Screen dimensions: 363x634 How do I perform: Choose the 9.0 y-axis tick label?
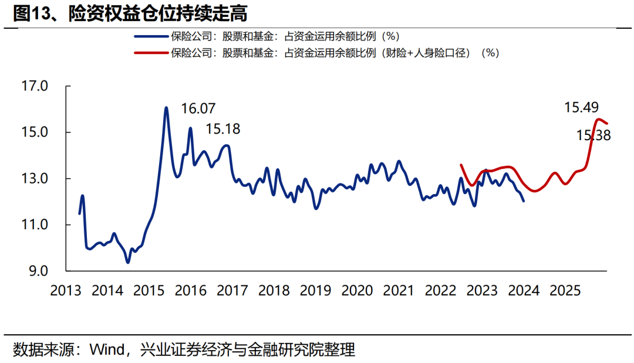[x=37, y=272]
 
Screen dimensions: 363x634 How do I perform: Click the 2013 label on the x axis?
[x=66, y=290]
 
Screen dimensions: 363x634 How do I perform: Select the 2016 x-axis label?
[x=190, y=290]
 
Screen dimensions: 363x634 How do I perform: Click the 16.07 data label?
[x=198, y=108]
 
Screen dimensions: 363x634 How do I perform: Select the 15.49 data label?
[x=581, y=107]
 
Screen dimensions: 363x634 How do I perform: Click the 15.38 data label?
[x=593, y=135]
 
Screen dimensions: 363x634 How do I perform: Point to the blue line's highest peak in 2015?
[x=166, y=108]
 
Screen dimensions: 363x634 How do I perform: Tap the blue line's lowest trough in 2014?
[x=128, y=262]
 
